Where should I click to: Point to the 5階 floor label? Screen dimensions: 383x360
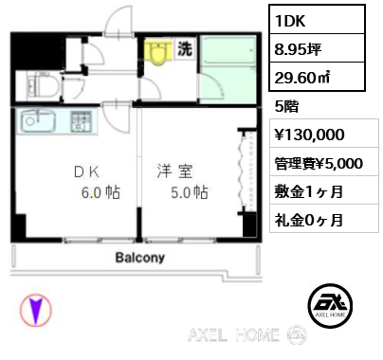click(x=286, y=106)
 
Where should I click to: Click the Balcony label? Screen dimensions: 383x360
click(x=140, y=258)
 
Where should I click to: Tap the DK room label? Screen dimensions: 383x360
click(x=86, y=172)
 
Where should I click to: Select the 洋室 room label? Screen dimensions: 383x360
click(x=174, y=171)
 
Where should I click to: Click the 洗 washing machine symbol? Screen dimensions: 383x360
click(x=185, y=48)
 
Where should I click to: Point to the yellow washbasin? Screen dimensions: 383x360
click(x=157, y=51)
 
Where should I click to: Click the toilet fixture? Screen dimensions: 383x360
click(x=43, y=86)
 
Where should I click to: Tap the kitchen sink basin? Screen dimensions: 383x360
click(x=38, y=120)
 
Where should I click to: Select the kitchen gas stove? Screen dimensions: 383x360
click(x=81, y=121)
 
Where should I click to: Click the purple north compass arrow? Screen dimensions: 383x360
click(x=36, y=310)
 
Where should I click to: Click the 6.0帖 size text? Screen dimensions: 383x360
click(x=100, y=192)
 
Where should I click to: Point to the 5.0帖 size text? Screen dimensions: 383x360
click(x=190, y=192)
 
